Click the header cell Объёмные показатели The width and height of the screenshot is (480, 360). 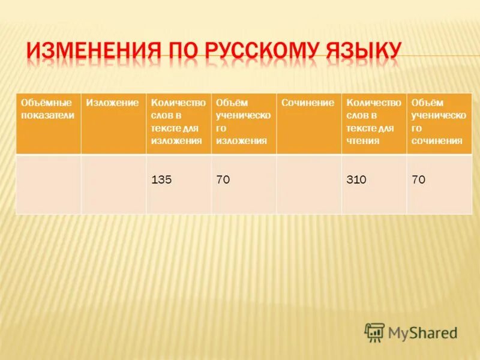(x=48, y=109)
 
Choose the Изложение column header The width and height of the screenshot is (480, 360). (x=112, y=103)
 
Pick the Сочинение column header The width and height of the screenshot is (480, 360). (x=308, y=103)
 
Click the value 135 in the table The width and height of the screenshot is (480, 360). (x=162, y=179)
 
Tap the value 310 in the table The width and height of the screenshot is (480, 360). (x=357, y=179)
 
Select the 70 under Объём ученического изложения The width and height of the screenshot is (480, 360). (x=223, y=179)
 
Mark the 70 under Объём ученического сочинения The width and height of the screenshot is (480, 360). (x=418, y=179)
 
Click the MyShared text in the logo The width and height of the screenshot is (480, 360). (x=422, y=332)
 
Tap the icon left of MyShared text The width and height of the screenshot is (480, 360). (x=374, y=332)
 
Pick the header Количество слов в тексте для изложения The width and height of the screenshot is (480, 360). (x=178, y=122)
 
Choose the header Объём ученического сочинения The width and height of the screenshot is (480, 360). (x=439, y=122)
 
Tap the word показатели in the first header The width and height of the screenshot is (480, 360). (x=47, y=116)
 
